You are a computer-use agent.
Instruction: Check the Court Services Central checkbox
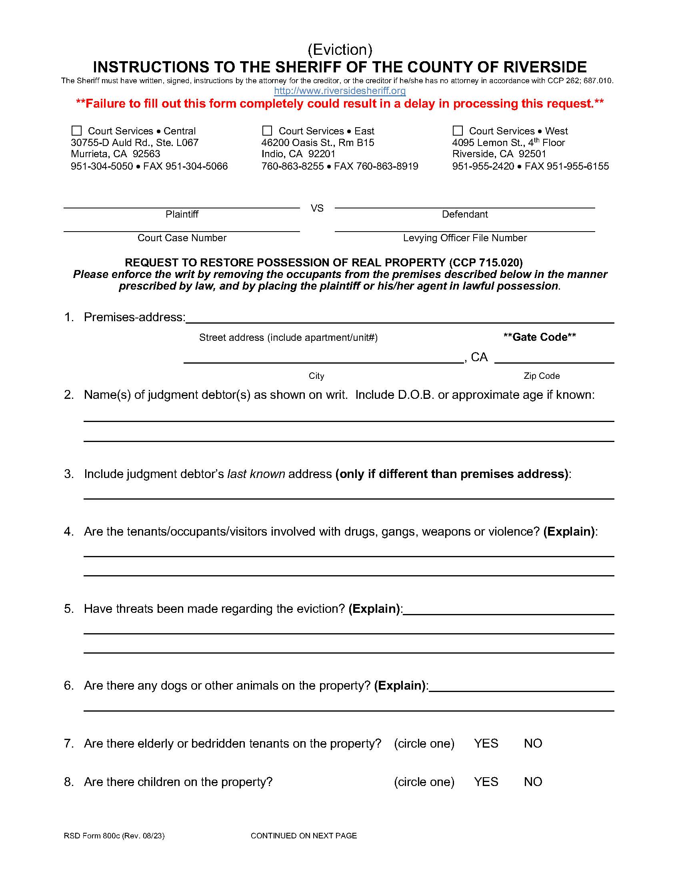click(x=76, y=130)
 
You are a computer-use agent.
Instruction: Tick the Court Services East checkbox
click(x=267, y=130)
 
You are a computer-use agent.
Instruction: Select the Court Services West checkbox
click(x=458, y=130)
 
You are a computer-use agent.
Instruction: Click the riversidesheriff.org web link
click(x=340, y=91)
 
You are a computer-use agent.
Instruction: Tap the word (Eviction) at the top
click(x=340, y=50)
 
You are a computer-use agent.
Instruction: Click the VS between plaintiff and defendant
click(x=317, y=208)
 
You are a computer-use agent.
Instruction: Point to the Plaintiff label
click(x=182, y=214)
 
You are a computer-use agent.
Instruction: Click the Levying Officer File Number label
click(x=464, y=238)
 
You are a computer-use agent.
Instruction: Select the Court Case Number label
click(x=182, y=238)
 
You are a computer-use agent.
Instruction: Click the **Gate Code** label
click(x=540, y=337)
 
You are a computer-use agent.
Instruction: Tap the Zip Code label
click(x=542, y=376)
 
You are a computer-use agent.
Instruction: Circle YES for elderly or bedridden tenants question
click(x=486, y=744)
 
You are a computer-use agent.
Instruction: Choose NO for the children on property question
click(x=532, y=782)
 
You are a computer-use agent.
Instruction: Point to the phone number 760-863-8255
click(x=292, y=166)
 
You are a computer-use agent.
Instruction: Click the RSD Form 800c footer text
click(x=114, y=836)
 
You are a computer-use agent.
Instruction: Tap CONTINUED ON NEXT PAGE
click(x=304, y=836)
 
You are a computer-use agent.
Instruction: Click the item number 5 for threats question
click(x=69, y=608)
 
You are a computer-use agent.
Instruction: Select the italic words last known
click(x=256, y=474)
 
